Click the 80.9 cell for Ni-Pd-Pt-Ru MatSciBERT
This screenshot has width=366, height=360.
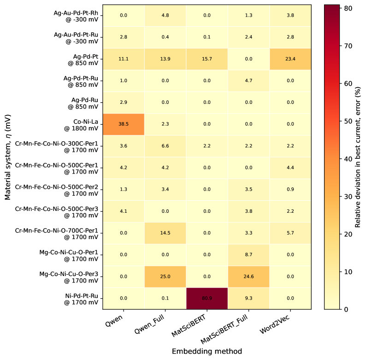pyautogui.click(x=207, y=298)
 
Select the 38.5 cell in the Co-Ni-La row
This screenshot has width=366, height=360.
pyautogui.click(x=124, y=124)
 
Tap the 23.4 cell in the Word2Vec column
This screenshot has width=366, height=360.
pyautogui.click(x=290, y=59)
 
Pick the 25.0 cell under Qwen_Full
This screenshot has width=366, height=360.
pyautogui.click(x=165, y=276)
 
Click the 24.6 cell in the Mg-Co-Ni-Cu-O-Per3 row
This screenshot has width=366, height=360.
pyautogui.click(x=248, y=276)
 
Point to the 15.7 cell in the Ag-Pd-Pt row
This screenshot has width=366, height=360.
pyautogui.click(x=207, y=59)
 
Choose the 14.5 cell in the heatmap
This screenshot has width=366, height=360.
pyautogui.click(x=165, y=233)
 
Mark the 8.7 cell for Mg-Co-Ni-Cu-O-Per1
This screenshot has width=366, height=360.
pyautogui.click(x=248, y=255)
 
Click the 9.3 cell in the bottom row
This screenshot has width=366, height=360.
pyautogui.click(x=248, y=298)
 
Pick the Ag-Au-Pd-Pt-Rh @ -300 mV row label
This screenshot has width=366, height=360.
pyautogui.click(x=76, y=16)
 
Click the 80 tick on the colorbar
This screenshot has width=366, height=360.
pyautogui.click(x=347, y=8)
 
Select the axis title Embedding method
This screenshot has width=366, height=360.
pyautogui.click(x=207, y=351)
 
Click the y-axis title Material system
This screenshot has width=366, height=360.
pyautogui.click(x=8, y=157)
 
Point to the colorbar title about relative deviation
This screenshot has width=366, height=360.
pyautogui.click(x=358, y=157)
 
